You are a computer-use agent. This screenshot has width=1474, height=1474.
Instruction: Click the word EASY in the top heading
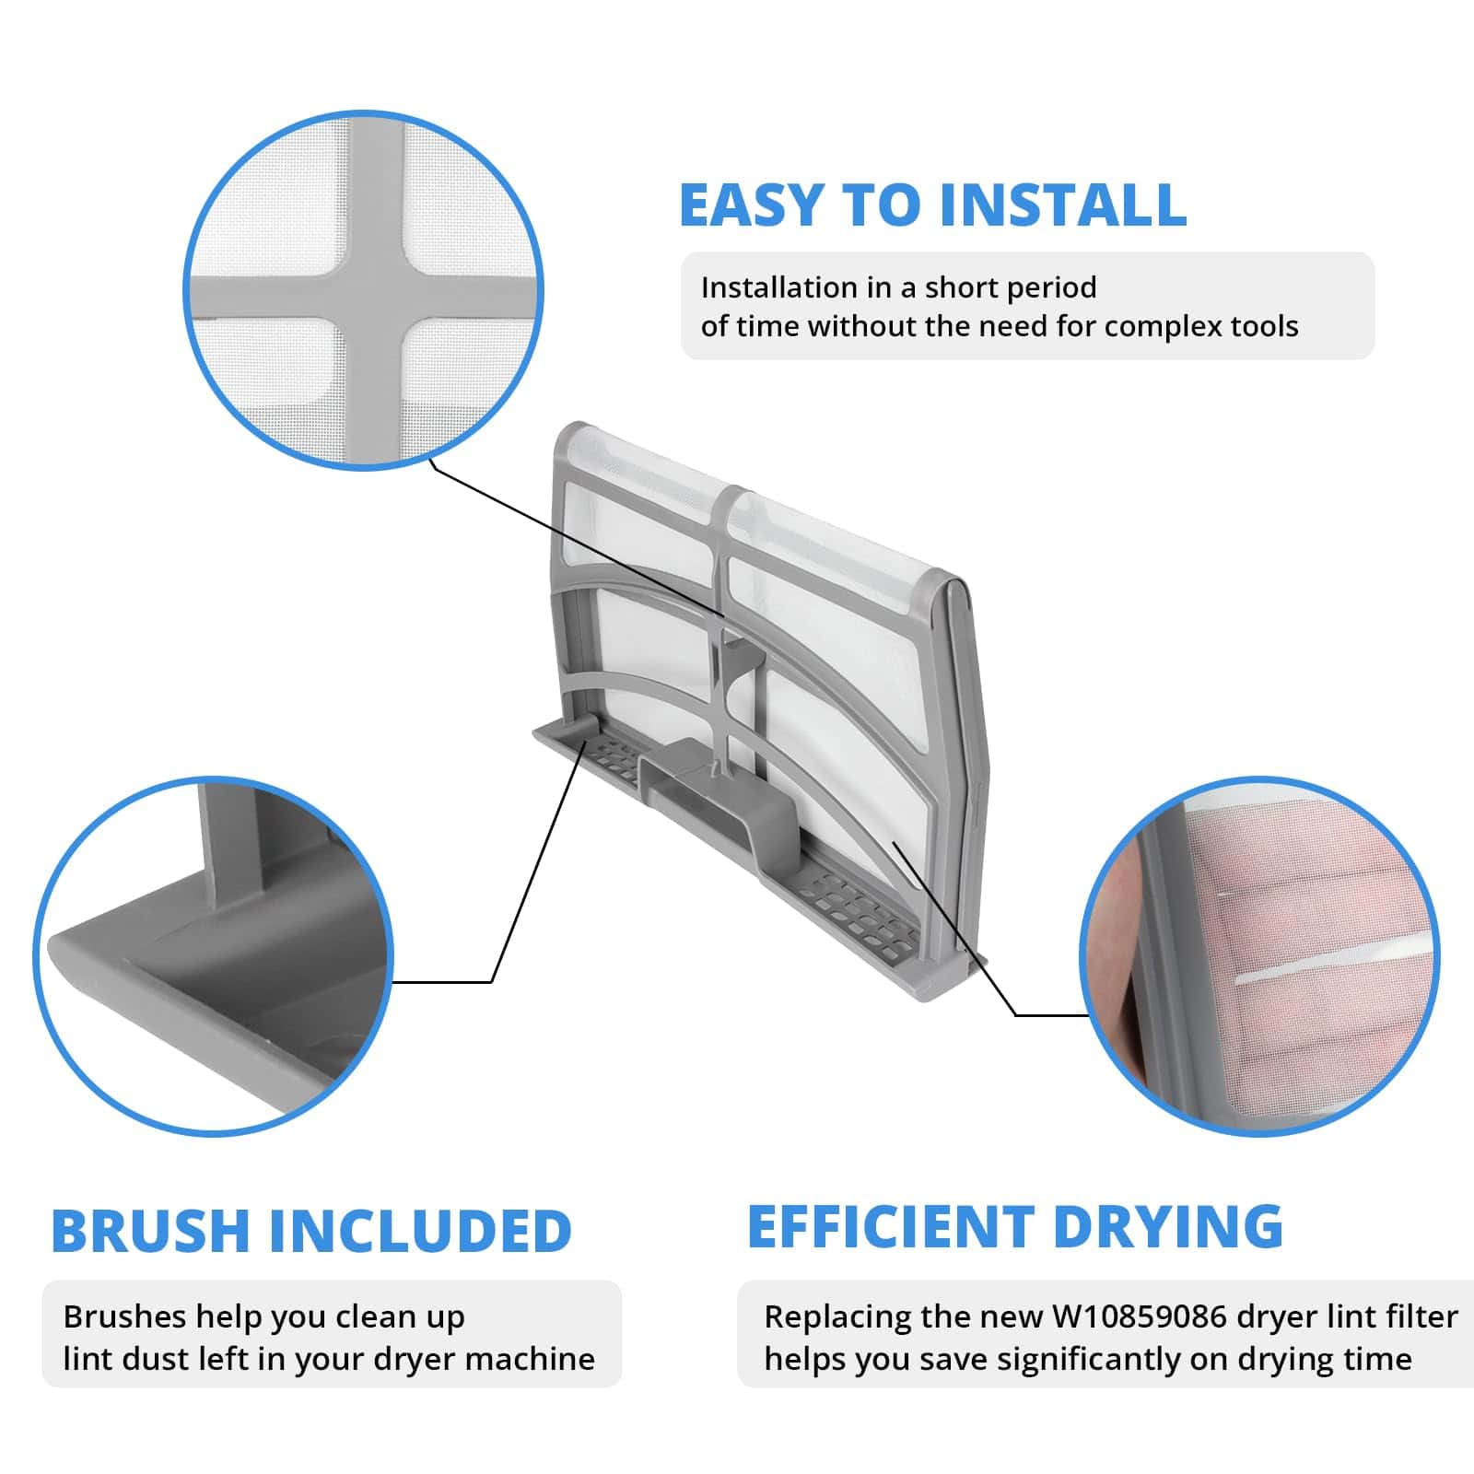point(750,205)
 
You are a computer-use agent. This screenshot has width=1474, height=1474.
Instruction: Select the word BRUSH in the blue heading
point(150,1231)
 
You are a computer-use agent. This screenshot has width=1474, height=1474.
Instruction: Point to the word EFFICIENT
point(891,1226)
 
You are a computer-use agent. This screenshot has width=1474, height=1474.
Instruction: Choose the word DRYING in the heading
point(1168,1226)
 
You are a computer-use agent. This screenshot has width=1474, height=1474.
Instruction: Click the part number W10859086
point(1139,1316)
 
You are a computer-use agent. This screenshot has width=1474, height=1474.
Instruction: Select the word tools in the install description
point(1264,326)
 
